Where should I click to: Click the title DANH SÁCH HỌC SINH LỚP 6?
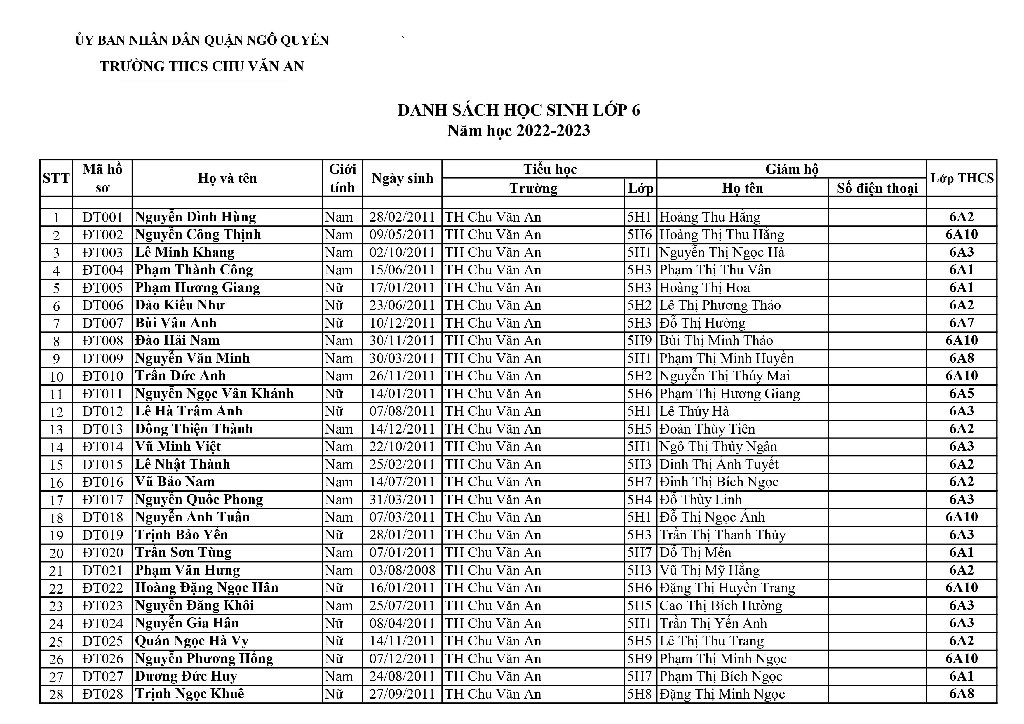pyautogui.click(x=519, y=110)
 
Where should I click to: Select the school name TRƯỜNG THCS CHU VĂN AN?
pyautogui.click(x=202, y=67)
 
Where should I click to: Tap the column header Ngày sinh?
pyautogui.click(x=402, y=178)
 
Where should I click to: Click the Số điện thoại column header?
pyautogui.click(x=877, y=188)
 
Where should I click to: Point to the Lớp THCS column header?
pyautogui.click(x=962, y=178)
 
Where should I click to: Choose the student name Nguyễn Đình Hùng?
pyautogui.click(x=195, y=217)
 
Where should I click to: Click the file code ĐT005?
pyautogui.click(x=102, y=288)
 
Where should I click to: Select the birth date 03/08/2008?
pyautogui.click(x=402, y=570)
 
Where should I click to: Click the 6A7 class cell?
pyautogui.click(x=962, y=323)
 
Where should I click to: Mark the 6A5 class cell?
pyautogui.click(x=962, y=394)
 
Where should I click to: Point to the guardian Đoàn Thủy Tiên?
pyautogui.click(x=707, y=429)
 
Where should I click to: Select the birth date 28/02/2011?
pyautogui.click(x=402, y=217)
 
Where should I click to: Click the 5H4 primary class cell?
pyautogui.click(x=640, y=500)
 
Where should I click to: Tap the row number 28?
pyautogui.click(x=56, y=695)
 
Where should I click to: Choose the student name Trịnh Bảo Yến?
pyautogui.click(x=182, y=535)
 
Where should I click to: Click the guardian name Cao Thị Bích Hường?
pyautogui.click(x=721, y=606)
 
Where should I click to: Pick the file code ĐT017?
pyautogui.click(x=102, y=500)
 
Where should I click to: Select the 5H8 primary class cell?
pyautogui.click(x=640, y=694)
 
